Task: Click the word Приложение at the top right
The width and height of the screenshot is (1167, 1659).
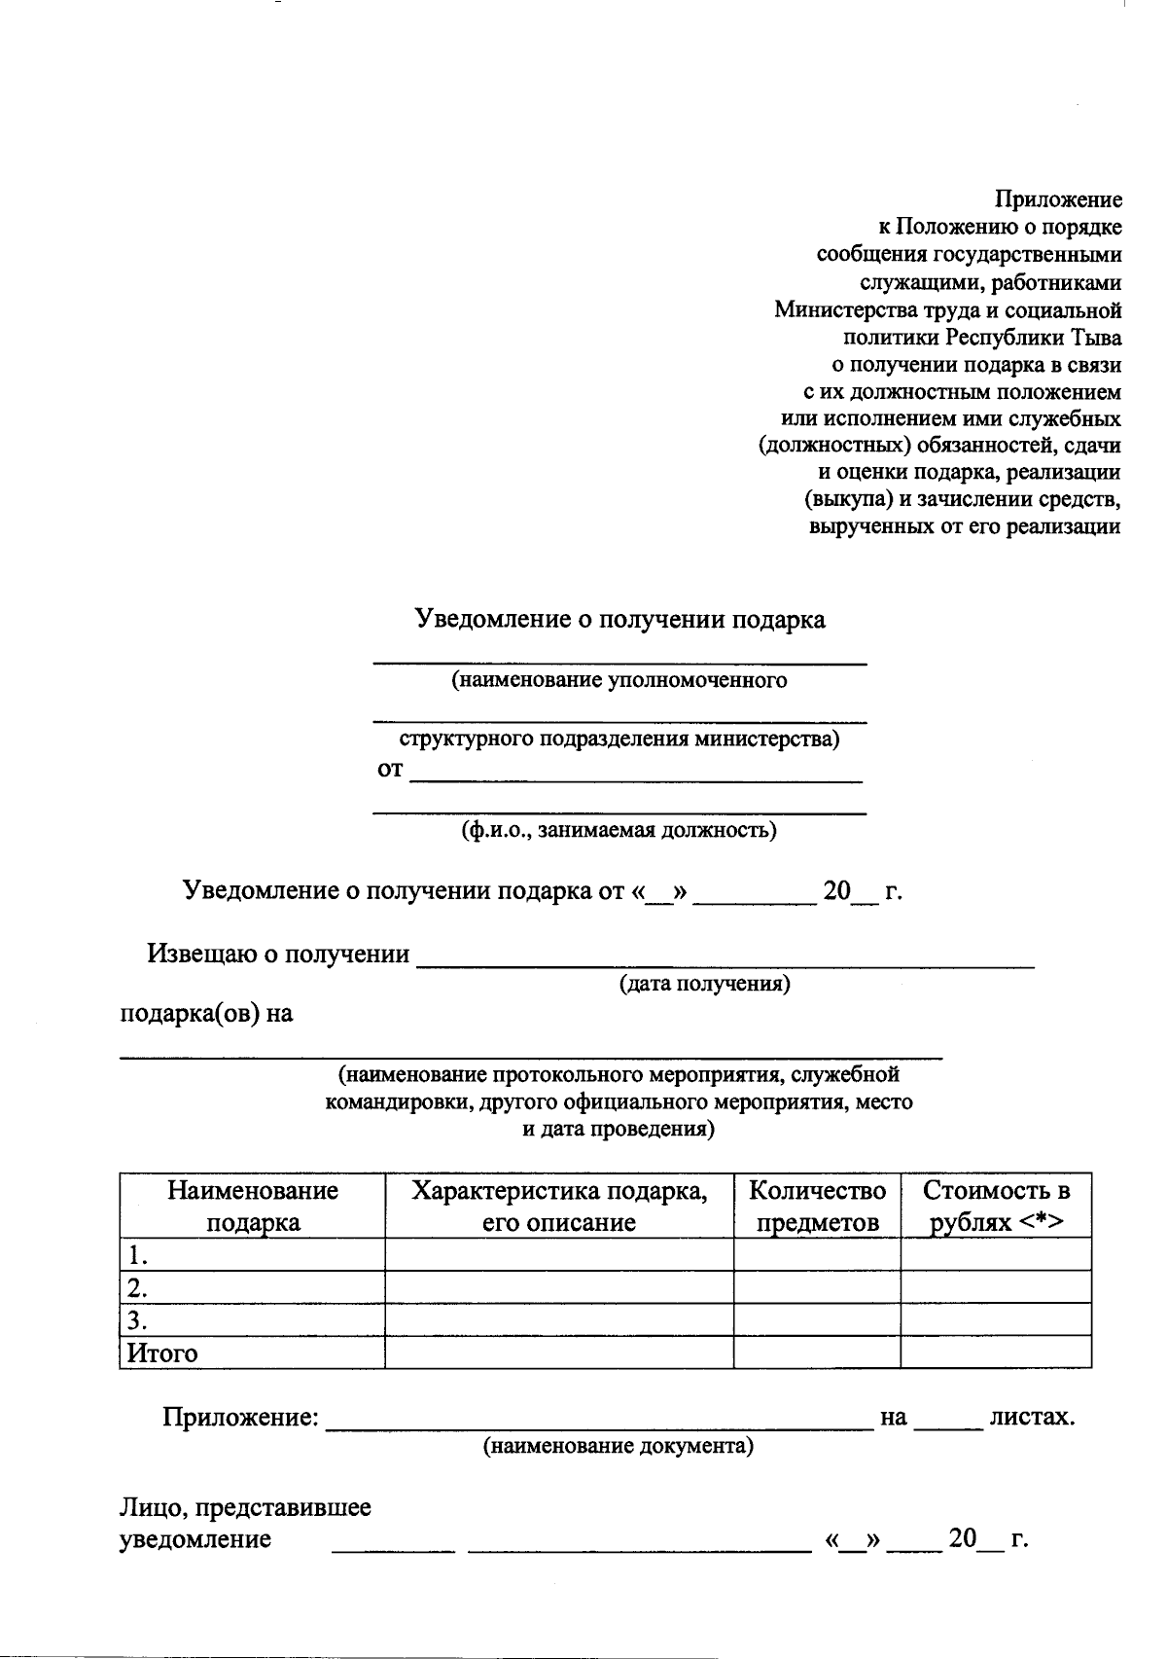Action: tap(1057, 199)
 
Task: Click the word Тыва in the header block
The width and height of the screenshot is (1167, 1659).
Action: tap(1096, 338)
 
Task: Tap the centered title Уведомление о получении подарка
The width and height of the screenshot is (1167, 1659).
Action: tap(620, 619)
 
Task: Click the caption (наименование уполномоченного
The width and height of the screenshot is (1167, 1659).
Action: tap(619, 680)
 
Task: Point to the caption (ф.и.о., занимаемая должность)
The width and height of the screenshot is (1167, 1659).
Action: tap(619, 831)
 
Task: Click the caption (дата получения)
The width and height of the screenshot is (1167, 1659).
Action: tap(705, 984)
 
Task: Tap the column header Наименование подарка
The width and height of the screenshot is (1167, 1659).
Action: tap(253, 1206)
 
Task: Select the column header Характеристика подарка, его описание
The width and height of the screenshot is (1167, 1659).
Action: tap(559, 1206)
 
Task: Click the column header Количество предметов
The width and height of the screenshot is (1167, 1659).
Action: tap(817, 1206)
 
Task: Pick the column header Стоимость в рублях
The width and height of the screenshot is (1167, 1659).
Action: tap(996, 1206)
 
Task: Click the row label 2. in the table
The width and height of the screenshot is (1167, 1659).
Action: tap(138, 1288)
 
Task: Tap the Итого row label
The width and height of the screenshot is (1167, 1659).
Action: tap(162, 1352)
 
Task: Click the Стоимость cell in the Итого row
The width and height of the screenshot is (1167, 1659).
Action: tap(996, 1352)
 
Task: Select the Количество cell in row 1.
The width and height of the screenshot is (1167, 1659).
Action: tap(817, 1254)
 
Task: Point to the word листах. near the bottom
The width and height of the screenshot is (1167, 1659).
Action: tap(1031, 1417)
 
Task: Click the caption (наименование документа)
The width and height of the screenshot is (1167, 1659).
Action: tap(619, 1446)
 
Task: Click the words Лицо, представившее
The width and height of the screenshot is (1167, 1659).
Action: tap(245, 1508)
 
